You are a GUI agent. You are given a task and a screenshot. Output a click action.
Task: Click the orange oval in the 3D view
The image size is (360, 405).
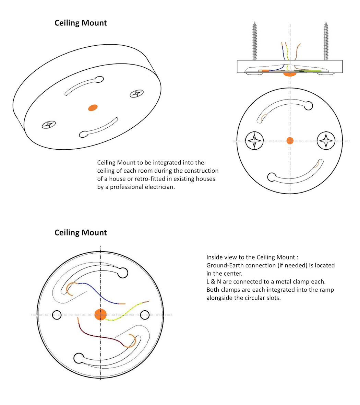(93, 107)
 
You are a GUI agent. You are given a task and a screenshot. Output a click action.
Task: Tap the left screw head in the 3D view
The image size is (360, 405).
(48, 125)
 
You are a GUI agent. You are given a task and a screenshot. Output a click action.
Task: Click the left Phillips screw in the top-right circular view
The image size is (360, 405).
(255, 140)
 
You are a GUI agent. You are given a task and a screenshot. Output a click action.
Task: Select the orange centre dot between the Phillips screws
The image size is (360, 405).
(290, 140)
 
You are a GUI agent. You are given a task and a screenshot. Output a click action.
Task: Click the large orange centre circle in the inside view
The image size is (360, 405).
(100, 314)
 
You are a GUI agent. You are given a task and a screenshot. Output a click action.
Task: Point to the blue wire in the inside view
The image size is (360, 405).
(99, 293)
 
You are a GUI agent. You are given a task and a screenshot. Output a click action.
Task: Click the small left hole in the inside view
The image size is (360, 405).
(57, 314)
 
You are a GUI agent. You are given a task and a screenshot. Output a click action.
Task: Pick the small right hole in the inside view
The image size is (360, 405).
(145, 314)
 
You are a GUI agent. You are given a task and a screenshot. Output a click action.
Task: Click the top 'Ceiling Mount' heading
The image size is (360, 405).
(81, 23)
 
